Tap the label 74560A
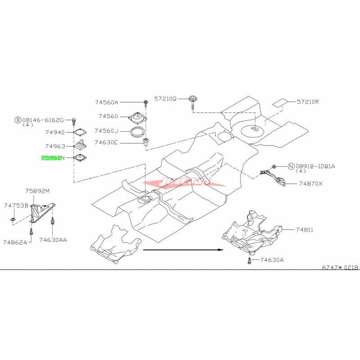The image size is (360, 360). pyautogui.click(x=107, y=102)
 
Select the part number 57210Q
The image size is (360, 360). pyautogui.click(x=166, y=98)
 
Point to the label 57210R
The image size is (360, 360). pyautogui.click(x=307, y=102)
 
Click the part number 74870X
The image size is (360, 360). pyautogui.click(x=311, y=184)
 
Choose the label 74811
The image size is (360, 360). pyautogui.click(x=305, y=230)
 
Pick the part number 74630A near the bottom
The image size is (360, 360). pyautogui.click(x=271, y=260)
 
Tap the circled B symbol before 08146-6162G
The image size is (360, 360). pyautogui.click(x=18, y=120)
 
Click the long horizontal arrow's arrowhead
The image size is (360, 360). pyautogui.click(x=220, y=249)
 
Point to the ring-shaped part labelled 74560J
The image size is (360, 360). pyautogui.click(x=138, y=132)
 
